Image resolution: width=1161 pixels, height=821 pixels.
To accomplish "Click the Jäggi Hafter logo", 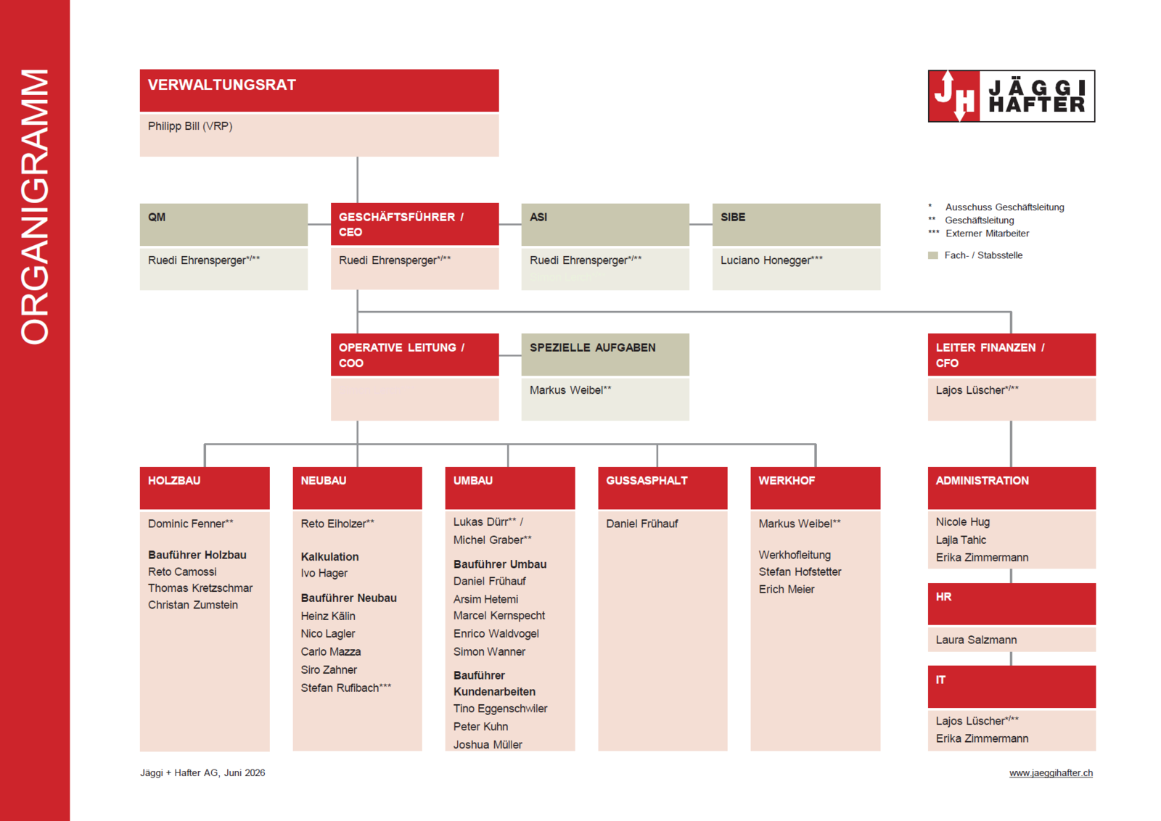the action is pyautogui.click(x=1012, y=96).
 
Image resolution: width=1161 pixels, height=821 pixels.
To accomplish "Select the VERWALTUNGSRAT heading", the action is pyautogui.click(x=222, y=85).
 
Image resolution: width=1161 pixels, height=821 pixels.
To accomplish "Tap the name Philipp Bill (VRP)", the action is pyautogui.click(x=190, y=126).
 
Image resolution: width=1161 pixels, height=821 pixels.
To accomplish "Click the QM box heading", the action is pyautogui.click(x=157, y=217).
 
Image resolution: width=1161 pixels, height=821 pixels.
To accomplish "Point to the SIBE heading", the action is pyautogui.click(x=733, y=217).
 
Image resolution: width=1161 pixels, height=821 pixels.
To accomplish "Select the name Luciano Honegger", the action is pyautogui.click(x=771, y=260).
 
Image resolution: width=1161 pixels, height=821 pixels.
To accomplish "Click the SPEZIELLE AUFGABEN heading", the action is pyautogui.click(x=592, y=347).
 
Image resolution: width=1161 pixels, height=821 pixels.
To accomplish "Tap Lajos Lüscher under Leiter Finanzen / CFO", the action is pyautogui.click(x=977, y=390).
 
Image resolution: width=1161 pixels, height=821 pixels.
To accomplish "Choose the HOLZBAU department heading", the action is pyautogui.click(x=174, y=481).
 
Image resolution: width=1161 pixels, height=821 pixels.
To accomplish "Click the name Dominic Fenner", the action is pyautogui.click(x=190, y=524).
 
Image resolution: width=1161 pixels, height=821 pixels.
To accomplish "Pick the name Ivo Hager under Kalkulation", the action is pyautogui.click(x=324, y=573).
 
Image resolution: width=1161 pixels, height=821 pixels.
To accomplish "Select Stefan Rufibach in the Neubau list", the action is pyautogui.click(x=345, y=688).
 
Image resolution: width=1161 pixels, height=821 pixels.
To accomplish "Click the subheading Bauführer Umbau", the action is pyautogui.click(x=500, y=564).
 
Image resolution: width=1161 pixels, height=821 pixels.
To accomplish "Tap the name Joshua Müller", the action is pyautogui.click(x=488, y=744).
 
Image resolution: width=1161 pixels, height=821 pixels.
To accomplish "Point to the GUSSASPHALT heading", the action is pyautogui.click(x=647, y=481).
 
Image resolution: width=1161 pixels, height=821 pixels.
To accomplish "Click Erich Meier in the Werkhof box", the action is pyautogui.click(x=787, y=590).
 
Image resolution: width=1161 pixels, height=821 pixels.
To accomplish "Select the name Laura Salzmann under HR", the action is pyautogui.click(x=976, y=640).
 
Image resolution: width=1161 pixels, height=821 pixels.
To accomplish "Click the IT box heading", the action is pyautogui.click(x=940, y=680).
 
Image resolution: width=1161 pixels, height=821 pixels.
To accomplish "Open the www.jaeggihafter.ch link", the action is pyautogui.click(x=1051, y=773).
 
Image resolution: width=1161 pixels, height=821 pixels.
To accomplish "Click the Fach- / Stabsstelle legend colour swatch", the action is pyautogui.click(x=933, y=255).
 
